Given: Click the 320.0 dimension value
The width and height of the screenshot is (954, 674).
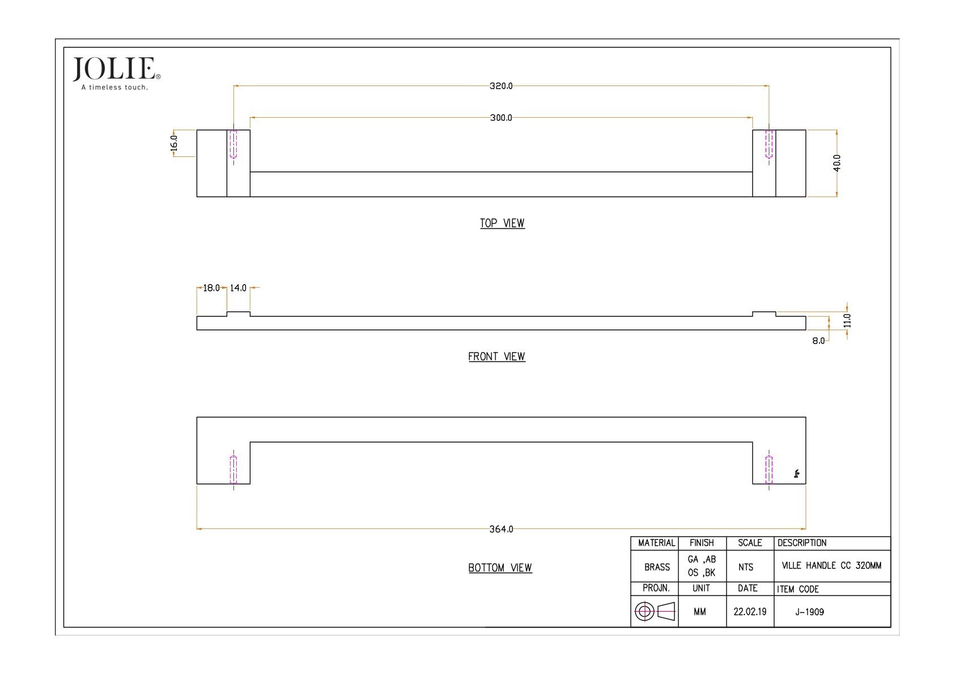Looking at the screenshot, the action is [501, 86].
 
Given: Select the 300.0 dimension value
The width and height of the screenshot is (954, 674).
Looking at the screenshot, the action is [501, 117].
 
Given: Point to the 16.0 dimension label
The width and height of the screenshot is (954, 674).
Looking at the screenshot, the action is [174, 143].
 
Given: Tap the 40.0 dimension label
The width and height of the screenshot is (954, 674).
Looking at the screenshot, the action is [837, 163].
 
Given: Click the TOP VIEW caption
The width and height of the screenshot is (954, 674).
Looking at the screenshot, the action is [502, 223].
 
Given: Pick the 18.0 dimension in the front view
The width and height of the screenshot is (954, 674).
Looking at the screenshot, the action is [211, 288].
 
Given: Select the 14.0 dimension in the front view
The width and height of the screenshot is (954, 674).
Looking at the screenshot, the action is [238, 288].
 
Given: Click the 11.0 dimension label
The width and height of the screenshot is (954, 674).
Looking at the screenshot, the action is [847, 321].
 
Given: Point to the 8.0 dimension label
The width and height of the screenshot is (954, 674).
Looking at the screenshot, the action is [818, 340].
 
